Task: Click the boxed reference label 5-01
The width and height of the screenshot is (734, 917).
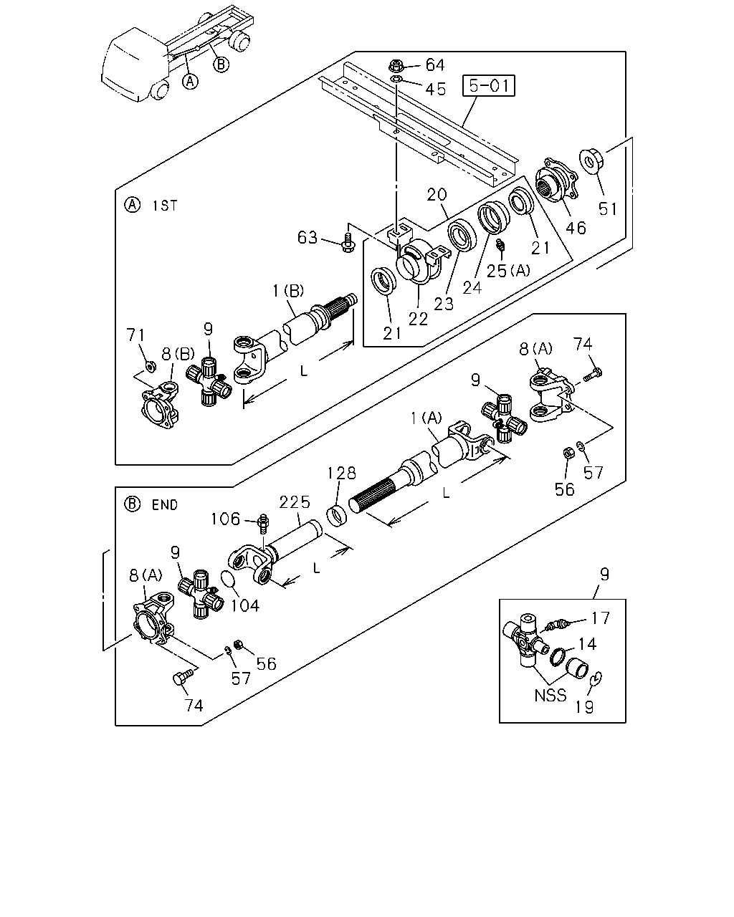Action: (488, 86)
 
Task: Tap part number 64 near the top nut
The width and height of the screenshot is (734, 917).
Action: (435, 65)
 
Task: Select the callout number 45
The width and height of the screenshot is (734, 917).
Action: (435, 90)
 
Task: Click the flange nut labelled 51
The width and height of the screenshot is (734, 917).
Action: (591, 161)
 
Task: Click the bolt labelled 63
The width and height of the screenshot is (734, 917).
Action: (348, 241)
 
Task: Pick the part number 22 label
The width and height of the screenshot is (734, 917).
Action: (418, 320)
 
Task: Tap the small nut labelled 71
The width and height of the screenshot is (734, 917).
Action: (150, 366)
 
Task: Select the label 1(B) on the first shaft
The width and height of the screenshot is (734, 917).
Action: (288, 292)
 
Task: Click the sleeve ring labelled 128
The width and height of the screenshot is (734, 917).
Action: (337, 516)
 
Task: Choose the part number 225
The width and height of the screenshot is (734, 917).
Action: (295, 502)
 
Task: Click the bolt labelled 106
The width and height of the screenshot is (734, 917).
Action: (264, 523)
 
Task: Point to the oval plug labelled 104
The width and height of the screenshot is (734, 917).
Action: (229, 580)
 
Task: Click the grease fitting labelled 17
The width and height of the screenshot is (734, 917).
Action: (556, 626)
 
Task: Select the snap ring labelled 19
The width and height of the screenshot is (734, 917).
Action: (596, 678)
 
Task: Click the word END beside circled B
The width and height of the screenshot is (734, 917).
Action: (165, 505)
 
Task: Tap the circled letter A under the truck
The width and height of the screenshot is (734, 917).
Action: (190, 81)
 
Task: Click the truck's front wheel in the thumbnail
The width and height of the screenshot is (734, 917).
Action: (160, 90)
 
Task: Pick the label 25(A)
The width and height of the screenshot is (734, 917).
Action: (508, 270)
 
